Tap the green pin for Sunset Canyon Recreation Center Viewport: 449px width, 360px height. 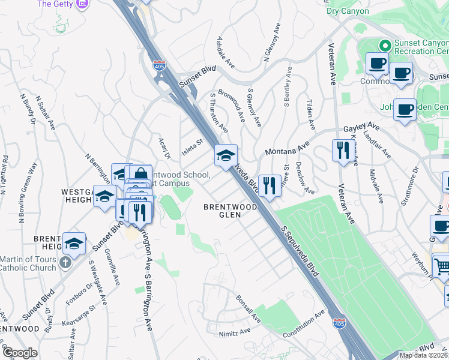pyautogui.click(x=385, y=46)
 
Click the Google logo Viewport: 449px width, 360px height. pyautogui.click(x=20, y=353)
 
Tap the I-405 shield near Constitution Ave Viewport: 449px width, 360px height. pyautogui.click(x=339, y=323)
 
